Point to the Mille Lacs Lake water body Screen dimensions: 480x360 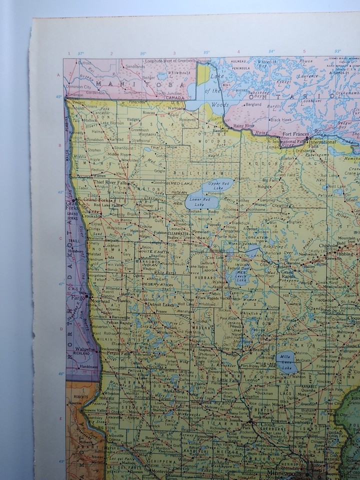[x=286, y=363]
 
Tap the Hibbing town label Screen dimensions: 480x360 [x=344, y=254]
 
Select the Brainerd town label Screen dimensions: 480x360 [x=259, y=350]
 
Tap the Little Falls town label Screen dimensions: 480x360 [x=227, y=380]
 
